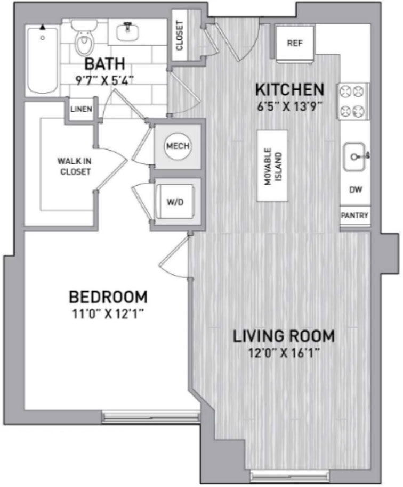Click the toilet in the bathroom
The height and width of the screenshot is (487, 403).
(x=84, y=37)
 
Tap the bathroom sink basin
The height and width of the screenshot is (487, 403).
(x=127, y=32)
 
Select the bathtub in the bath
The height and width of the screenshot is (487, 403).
(x=43, y=61)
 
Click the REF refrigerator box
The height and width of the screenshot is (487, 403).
(x=294, y=43)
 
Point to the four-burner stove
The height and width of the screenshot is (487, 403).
(x=352, y=101)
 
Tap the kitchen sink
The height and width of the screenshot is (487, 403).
(x=354, y=157)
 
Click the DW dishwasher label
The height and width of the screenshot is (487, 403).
(x=356, y=189)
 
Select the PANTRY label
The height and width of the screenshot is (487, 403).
(x=354, y=215)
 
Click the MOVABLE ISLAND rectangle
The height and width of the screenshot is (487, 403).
(x=272, y=166)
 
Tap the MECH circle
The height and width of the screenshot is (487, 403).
(x=178, y=146)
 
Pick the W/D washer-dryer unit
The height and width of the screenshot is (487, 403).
(x=175, y=202)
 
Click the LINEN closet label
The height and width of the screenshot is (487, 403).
(x=81, y=109)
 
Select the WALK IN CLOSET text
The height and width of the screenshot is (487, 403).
(x=75, y=167)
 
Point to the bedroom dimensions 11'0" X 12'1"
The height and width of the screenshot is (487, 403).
(x=108, y=314)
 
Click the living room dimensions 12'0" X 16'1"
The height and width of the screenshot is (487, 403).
(x=284, y=353)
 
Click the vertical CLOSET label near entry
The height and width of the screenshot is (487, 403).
(x=180, y=36)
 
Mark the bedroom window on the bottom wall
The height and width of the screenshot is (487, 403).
(x=151, y=417)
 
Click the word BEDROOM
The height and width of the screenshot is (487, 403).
(x=108, y=297)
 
